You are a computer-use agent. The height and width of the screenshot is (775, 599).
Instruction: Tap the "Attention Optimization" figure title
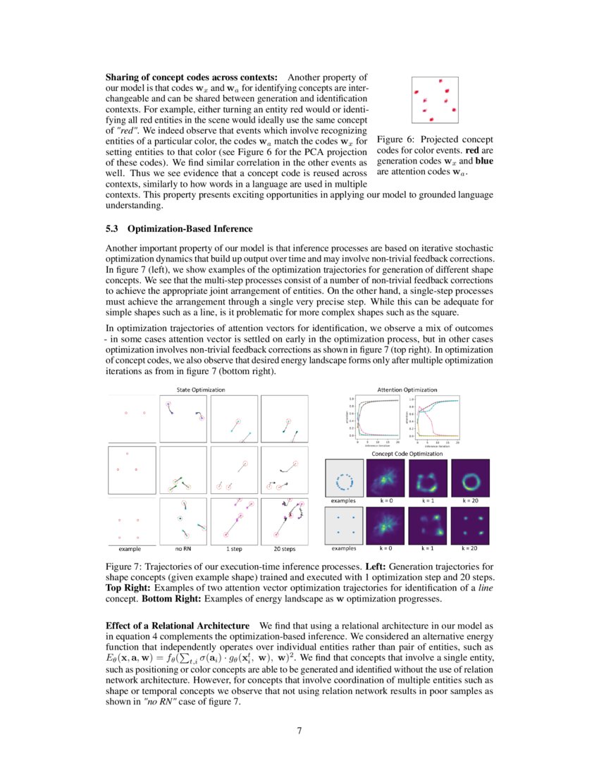click(407, 389)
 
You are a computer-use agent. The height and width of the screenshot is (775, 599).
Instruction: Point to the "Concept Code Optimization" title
click(407, 454)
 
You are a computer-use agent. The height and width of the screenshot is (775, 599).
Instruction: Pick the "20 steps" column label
click(284, 547)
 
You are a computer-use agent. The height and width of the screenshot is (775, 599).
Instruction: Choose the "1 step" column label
click(235, 547)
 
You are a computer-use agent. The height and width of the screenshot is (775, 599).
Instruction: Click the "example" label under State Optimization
click(130, 547)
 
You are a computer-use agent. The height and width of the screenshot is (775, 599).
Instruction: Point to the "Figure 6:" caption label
click(396, 139)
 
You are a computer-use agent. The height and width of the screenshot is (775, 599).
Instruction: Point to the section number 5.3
click(113, 229)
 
